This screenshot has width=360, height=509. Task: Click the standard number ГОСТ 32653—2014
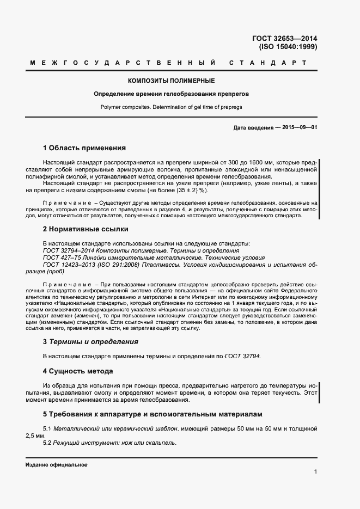pyautogui.click(x=284, y=38)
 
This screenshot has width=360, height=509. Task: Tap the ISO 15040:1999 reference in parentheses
pyautogui.click(x=288, y=47)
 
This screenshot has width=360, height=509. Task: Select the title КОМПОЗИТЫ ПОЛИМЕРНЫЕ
pyautogui.click(x=171, y=81)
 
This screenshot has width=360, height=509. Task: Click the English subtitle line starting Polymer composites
pyautogui.click(x=171, y=107)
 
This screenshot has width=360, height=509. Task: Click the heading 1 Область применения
pyautogui.click(x=84, y=148)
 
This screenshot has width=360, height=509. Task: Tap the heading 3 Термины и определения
pyautogui.click(x=90, y=342)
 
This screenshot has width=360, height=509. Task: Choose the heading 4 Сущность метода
pyautogui.click(x=78, y=371)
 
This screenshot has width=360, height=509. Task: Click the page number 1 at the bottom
pyautogui.click(x=315, y=472)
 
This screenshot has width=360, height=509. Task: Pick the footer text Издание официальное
pyautogui.click(x=57, y=465)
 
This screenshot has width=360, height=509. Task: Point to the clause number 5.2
pyautogui.click(x=47, y=443)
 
